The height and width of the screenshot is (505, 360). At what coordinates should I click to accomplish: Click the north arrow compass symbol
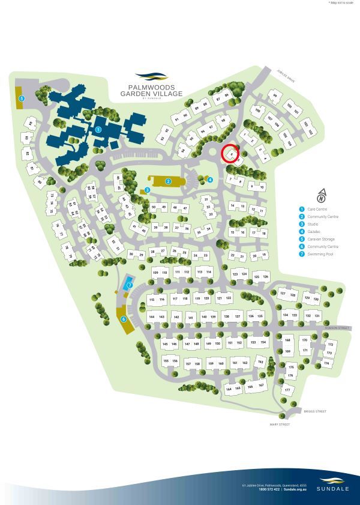(322, 195)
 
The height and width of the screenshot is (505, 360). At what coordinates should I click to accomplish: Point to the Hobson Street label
(337, 328)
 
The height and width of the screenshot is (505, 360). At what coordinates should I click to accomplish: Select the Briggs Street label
(314, 411)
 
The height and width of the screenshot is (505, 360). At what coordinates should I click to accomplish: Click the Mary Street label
(280, 425)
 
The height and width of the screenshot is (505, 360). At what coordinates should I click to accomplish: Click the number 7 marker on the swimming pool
(130, 285)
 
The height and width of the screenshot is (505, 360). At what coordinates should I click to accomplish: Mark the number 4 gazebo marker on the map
(210, 179)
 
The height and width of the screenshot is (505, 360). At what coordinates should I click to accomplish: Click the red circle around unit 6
(230, 154)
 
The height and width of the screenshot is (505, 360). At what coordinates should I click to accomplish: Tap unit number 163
(260, 362)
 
